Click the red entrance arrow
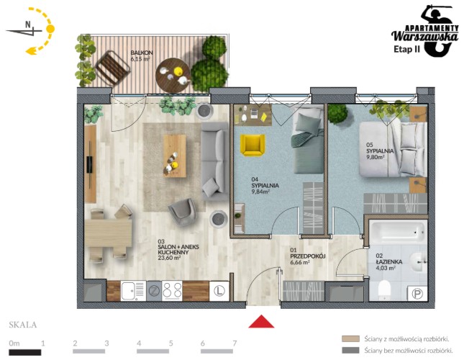pos(261,322)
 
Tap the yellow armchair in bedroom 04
pos(252,145)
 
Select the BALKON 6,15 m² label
pos(142,55)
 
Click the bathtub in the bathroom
pos(397,232)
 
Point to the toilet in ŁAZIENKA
pos(384,288)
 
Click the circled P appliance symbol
pos(417,294)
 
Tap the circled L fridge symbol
pos(219,291)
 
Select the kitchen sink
pos(133,291)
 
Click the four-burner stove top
pos(172,291)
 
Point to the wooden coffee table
pos(175,156)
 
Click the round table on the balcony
pos(173,75)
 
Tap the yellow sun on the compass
pos(50,29)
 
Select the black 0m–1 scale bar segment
pos(25,352)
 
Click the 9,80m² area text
pos(376,157)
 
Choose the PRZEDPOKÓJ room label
pos(308,256)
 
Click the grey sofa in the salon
pos(214,161)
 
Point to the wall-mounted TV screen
pos(89,165)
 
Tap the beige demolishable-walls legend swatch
pos(350,338)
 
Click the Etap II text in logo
pos(406,49)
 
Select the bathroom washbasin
pos(418,262)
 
